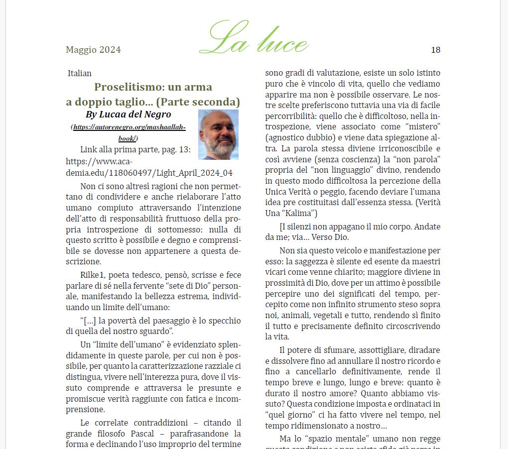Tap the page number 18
click(435, 50)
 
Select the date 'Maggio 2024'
click(93, 50)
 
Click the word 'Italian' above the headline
click(80, 74)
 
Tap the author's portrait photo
click(218, 134)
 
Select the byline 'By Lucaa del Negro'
click(128, 114)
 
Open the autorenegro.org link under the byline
click(129, 132)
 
